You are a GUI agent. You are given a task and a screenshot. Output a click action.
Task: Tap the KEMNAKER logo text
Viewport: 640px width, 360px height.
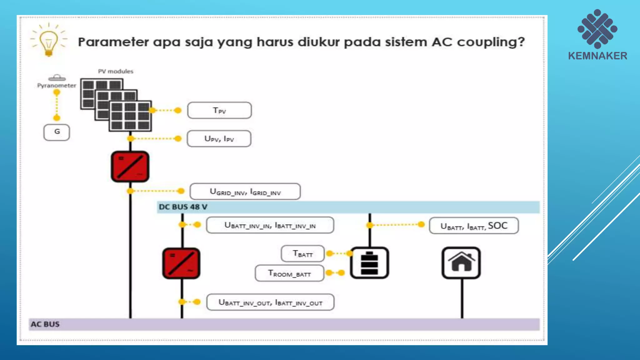point(597,56)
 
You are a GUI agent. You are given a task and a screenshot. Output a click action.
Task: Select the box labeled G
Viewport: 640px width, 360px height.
point(57,132)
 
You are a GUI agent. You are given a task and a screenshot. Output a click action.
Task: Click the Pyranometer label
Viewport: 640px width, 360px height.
point(57,85)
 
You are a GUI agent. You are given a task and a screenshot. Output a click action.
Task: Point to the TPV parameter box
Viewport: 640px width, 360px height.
point(219,110)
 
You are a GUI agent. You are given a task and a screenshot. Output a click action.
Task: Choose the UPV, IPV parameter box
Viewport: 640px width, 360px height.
point(219,139)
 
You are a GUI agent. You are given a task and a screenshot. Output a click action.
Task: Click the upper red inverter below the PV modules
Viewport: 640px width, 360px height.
point(130,167)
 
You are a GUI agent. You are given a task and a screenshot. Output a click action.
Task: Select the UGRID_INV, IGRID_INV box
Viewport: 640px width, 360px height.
point(245,192)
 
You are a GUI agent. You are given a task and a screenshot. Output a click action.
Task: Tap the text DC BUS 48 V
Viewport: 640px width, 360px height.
point(183,207)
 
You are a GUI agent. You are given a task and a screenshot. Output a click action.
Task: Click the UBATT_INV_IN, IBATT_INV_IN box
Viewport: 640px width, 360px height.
point(270,225)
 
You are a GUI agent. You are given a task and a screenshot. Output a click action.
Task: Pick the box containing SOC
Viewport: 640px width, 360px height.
point(474,226)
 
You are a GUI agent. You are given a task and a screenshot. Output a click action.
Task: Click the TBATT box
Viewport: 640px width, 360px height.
point(302,254)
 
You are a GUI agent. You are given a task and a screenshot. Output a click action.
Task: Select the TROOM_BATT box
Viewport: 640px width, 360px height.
point(289,273)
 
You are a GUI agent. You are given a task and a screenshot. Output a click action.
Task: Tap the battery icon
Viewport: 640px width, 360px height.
point(369,263)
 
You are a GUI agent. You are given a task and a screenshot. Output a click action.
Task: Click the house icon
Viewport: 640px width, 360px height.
point(461,263)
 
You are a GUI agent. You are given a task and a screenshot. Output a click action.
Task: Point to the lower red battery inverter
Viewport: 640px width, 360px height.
point(181,263)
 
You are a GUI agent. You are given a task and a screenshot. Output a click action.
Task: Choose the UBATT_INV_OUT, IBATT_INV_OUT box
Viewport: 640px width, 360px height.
point(270,302)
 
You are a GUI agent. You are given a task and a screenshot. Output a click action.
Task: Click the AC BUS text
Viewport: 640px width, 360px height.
point(45,324)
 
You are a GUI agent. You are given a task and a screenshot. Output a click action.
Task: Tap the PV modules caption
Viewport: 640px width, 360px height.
point(116,71)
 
